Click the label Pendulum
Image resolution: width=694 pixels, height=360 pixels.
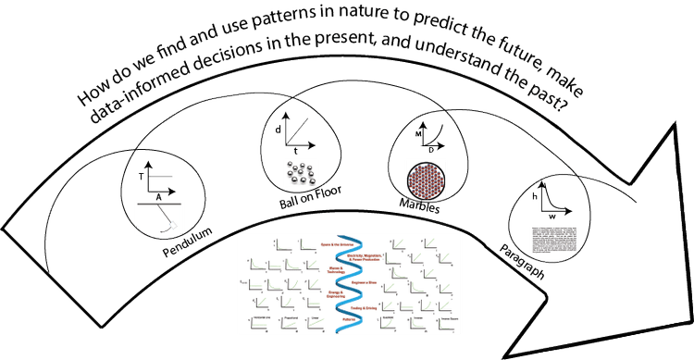pyautogui.click(x=179, y=243)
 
